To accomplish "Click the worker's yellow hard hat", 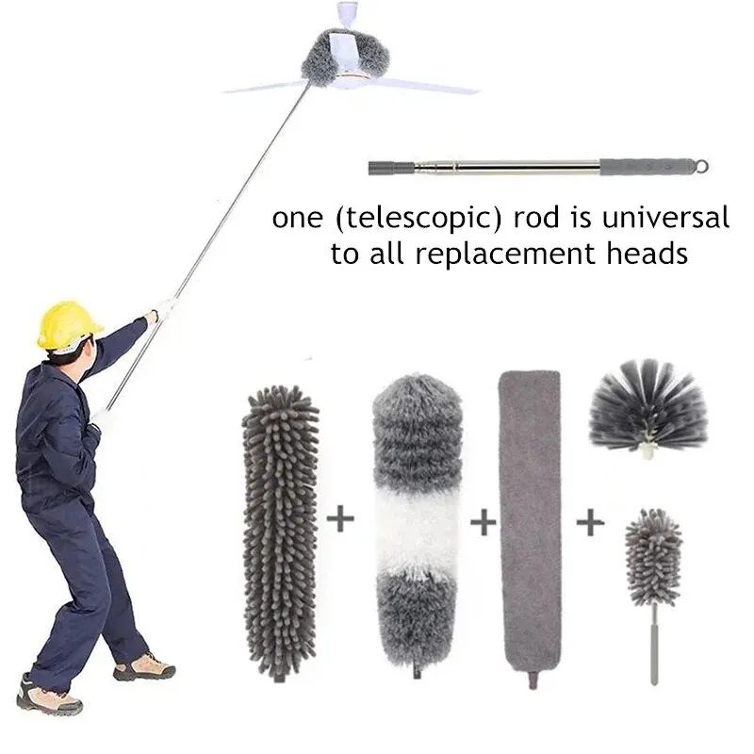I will tap(67, 325).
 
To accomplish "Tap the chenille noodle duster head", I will tap(281, 528).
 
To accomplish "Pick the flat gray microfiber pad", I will tap(529, 528).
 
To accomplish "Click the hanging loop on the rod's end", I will tap(700, 166).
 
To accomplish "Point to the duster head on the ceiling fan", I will tap(336, 57).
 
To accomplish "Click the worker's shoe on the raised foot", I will tap(144, 667).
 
